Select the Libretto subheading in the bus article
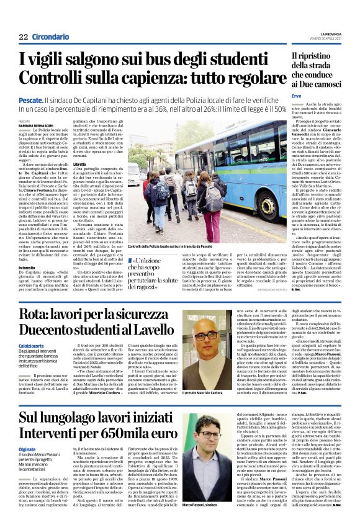click(x=80, y=164)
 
